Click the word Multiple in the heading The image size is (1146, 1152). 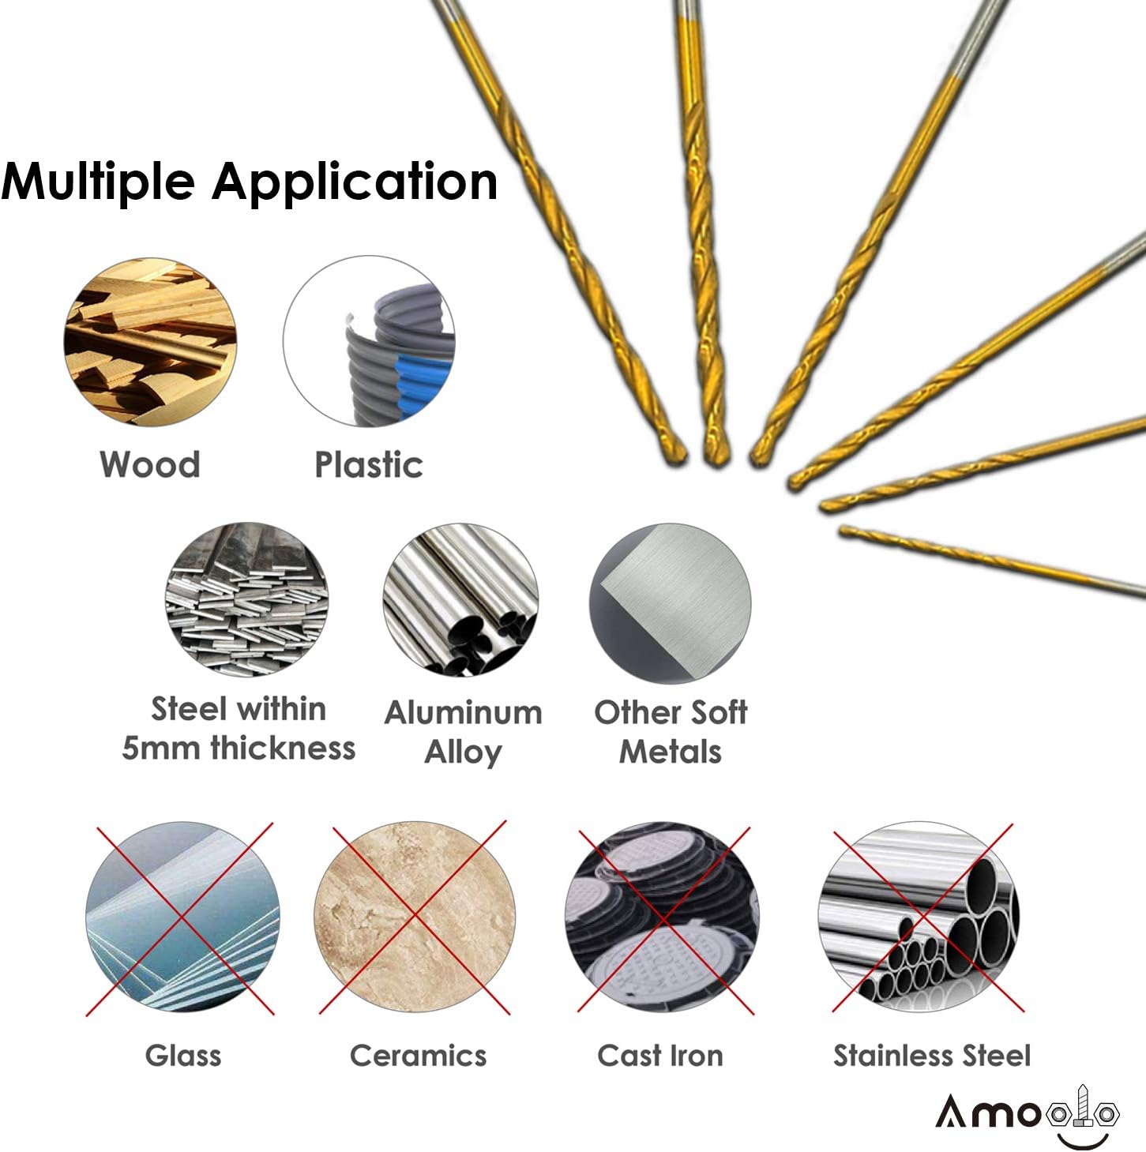pos(98,182)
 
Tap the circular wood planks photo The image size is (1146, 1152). pos(150,343)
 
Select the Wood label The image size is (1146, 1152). pos(150,464)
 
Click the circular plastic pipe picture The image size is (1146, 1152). pos(370,343)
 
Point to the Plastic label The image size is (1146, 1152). pos(369,464)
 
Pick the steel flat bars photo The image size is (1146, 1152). pos(247,599)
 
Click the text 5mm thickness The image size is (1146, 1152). pos(239,748)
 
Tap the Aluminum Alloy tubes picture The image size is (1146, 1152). pos(460,600)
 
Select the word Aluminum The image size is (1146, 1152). pos(464,712)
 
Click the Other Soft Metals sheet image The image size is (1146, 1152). pos(671,603)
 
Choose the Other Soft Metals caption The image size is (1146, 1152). pos(671,731)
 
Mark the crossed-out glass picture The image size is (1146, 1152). pos(182,917)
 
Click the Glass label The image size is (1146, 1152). pos(183,1056)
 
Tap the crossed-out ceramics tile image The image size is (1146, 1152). pos(415,917)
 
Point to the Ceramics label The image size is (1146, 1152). pos(418,1056)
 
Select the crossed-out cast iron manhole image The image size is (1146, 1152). pos(662,917)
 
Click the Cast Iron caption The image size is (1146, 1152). pos(660,1056)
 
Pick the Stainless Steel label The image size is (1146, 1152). pos(932,1056)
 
